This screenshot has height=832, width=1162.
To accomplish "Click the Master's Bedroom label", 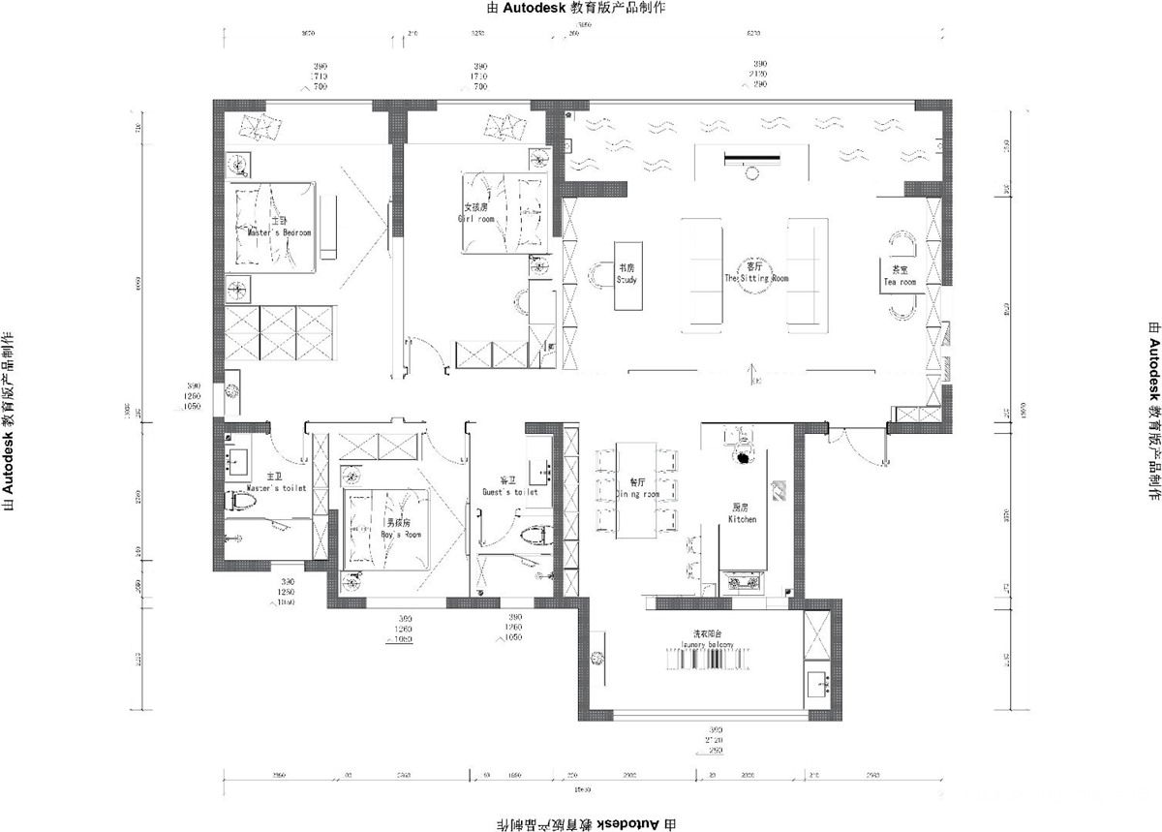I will tap(279, 233).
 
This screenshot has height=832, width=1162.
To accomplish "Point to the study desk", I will tap(628, 275).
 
